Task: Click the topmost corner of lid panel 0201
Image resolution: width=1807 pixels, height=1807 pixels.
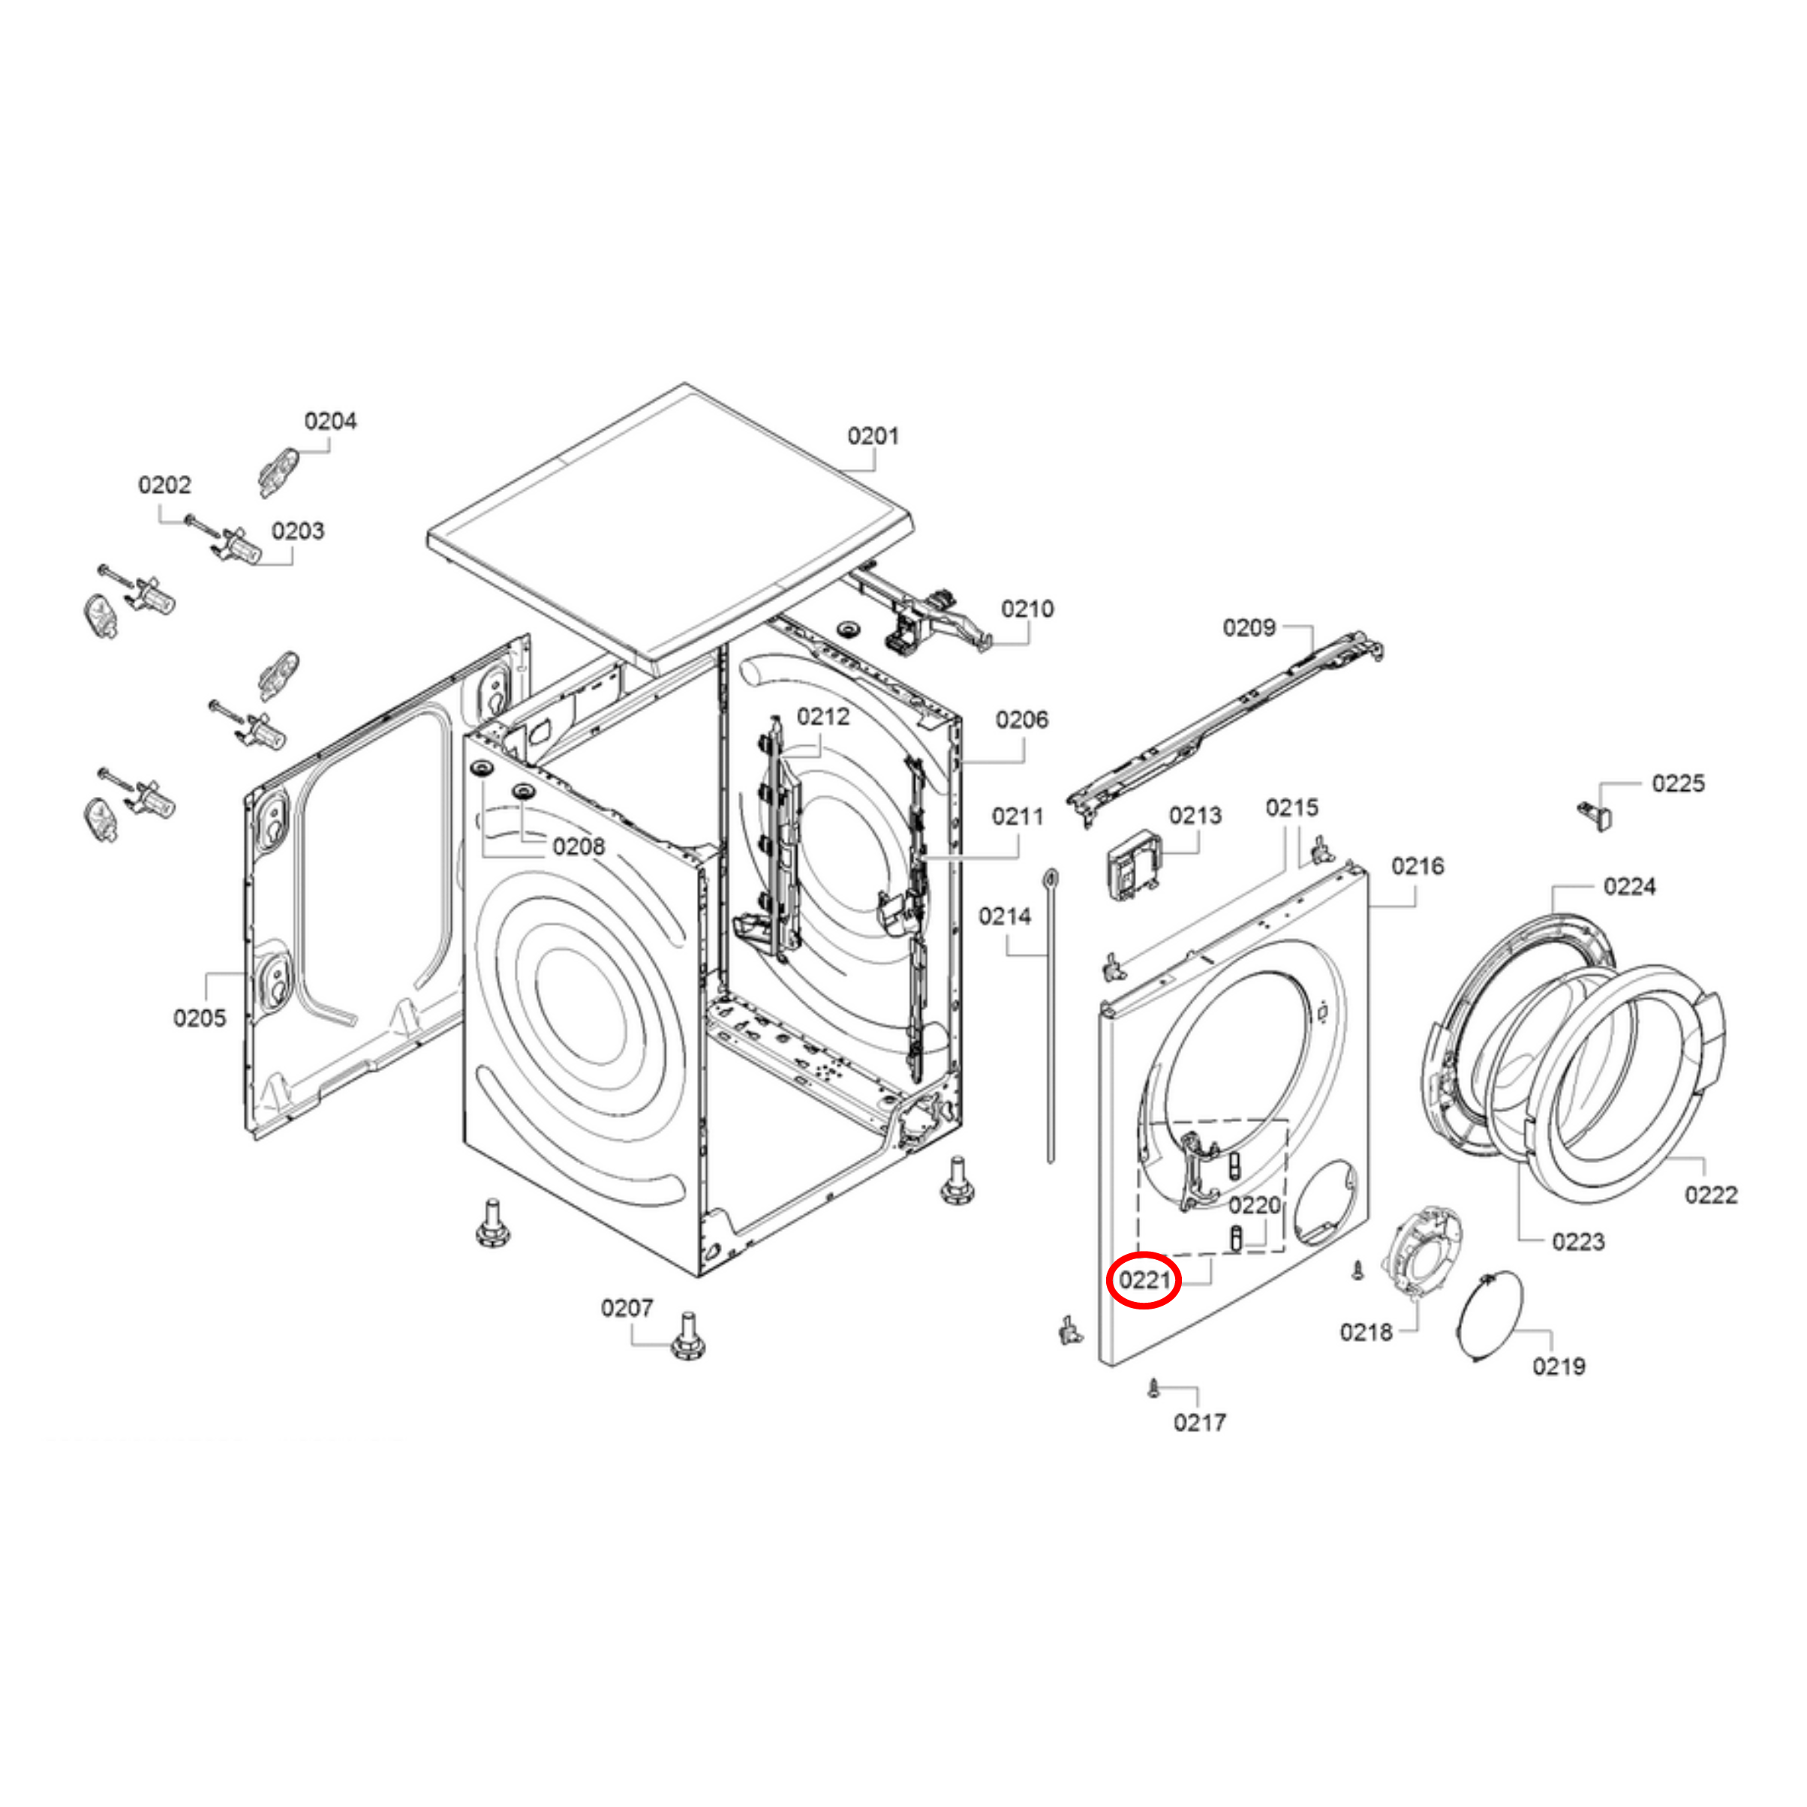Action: (x=684, y=383)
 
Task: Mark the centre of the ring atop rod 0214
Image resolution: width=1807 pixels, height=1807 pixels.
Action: (x=1051, y=876)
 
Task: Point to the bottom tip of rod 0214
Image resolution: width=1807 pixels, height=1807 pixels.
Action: (x=1051, y=1162)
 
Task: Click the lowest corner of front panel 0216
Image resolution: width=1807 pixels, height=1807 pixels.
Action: (x=1108, y=1367)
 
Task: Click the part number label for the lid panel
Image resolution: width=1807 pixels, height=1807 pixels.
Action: (x=873, y=436)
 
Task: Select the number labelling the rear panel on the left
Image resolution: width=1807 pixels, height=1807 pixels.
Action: (x=199, y=1018)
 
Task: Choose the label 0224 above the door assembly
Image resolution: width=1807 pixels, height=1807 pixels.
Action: (x=1629, y=885)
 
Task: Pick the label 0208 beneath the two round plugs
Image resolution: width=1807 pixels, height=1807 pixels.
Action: (x=578, y=846)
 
